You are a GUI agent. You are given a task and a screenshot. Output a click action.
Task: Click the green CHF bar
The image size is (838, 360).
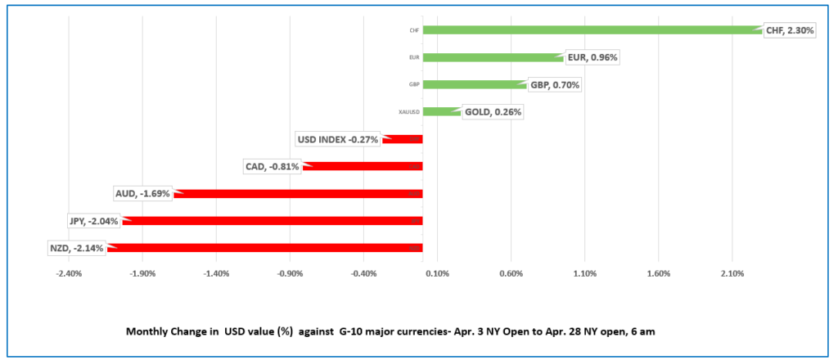[589, 30]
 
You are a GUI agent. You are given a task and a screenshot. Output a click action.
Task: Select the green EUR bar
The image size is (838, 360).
[491, 57]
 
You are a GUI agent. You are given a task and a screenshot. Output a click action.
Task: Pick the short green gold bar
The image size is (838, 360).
[441, 111]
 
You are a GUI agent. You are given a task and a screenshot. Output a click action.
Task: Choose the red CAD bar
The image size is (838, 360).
[364, 166]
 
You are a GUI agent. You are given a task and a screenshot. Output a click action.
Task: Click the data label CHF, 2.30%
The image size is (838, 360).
[790, 30]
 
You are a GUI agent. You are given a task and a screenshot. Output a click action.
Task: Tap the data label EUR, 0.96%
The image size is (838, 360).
[592, 57]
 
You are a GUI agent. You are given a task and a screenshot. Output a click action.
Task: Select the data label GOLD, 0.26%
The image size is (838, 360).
[493, 112]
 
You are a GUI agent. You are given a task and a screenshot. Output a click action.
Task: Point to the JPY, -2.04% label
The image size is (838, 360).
[93, 220]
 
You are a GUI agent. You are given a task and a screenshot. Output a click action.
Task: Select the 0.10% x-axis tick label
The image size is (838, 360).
[437, 272]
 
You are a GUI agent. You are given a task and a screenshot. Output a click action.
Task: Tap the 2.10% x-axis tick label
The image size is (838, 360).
[732, 272]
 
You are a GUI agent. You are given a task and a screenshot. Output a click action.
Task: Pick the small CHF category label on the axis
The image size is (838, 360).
[415, 30]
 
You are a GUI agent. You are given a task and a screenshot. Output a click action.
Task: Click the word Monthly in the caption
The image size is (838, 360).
[148, 332]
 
